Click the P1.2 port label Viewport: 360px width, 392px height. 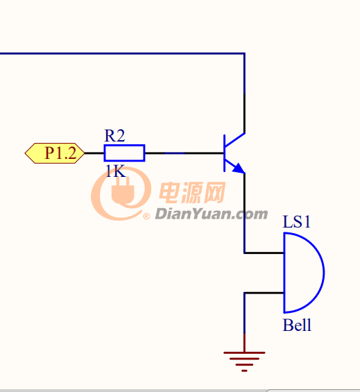tap(55, 153)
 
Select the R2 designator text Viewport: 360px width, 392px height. tap(114, 136)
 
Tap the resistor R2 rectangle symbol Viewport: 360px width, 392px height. tap(124, 153)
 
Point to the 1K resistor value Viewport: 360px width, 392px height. tap(115, 171)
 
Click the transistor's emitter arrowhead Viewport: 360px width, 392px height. tap(239, 169)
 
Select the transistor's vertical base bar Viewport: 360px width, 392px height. tap(224, 153)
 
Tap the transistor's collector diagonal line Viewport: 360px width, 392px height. tap(234, 139)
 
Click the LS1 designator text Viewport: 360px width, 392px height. tap(296, 221)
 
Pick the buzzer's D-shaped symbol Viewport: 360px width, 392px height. tap(323, 273)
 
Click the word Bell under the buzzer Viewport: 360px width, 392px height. tap(297, 325)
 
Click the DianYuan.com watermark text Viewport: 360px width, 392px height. tap(212, 214)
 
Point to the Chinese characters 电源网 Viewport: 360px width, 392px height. tap(192, 192)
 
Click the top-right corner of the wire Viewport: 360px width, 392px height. tap(244, 53)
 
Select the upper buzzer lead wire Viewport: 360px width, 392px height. tap(264, 253)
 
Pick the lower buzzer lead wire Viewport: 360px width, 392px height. tap(264, 293)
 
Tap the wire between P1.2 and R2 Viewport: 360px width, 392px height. tap(94, 153)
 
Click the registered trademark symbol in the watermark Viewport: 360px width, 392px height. tap(146, 216)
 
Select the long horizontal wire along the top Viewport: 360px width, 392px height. tap(122, 53)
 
